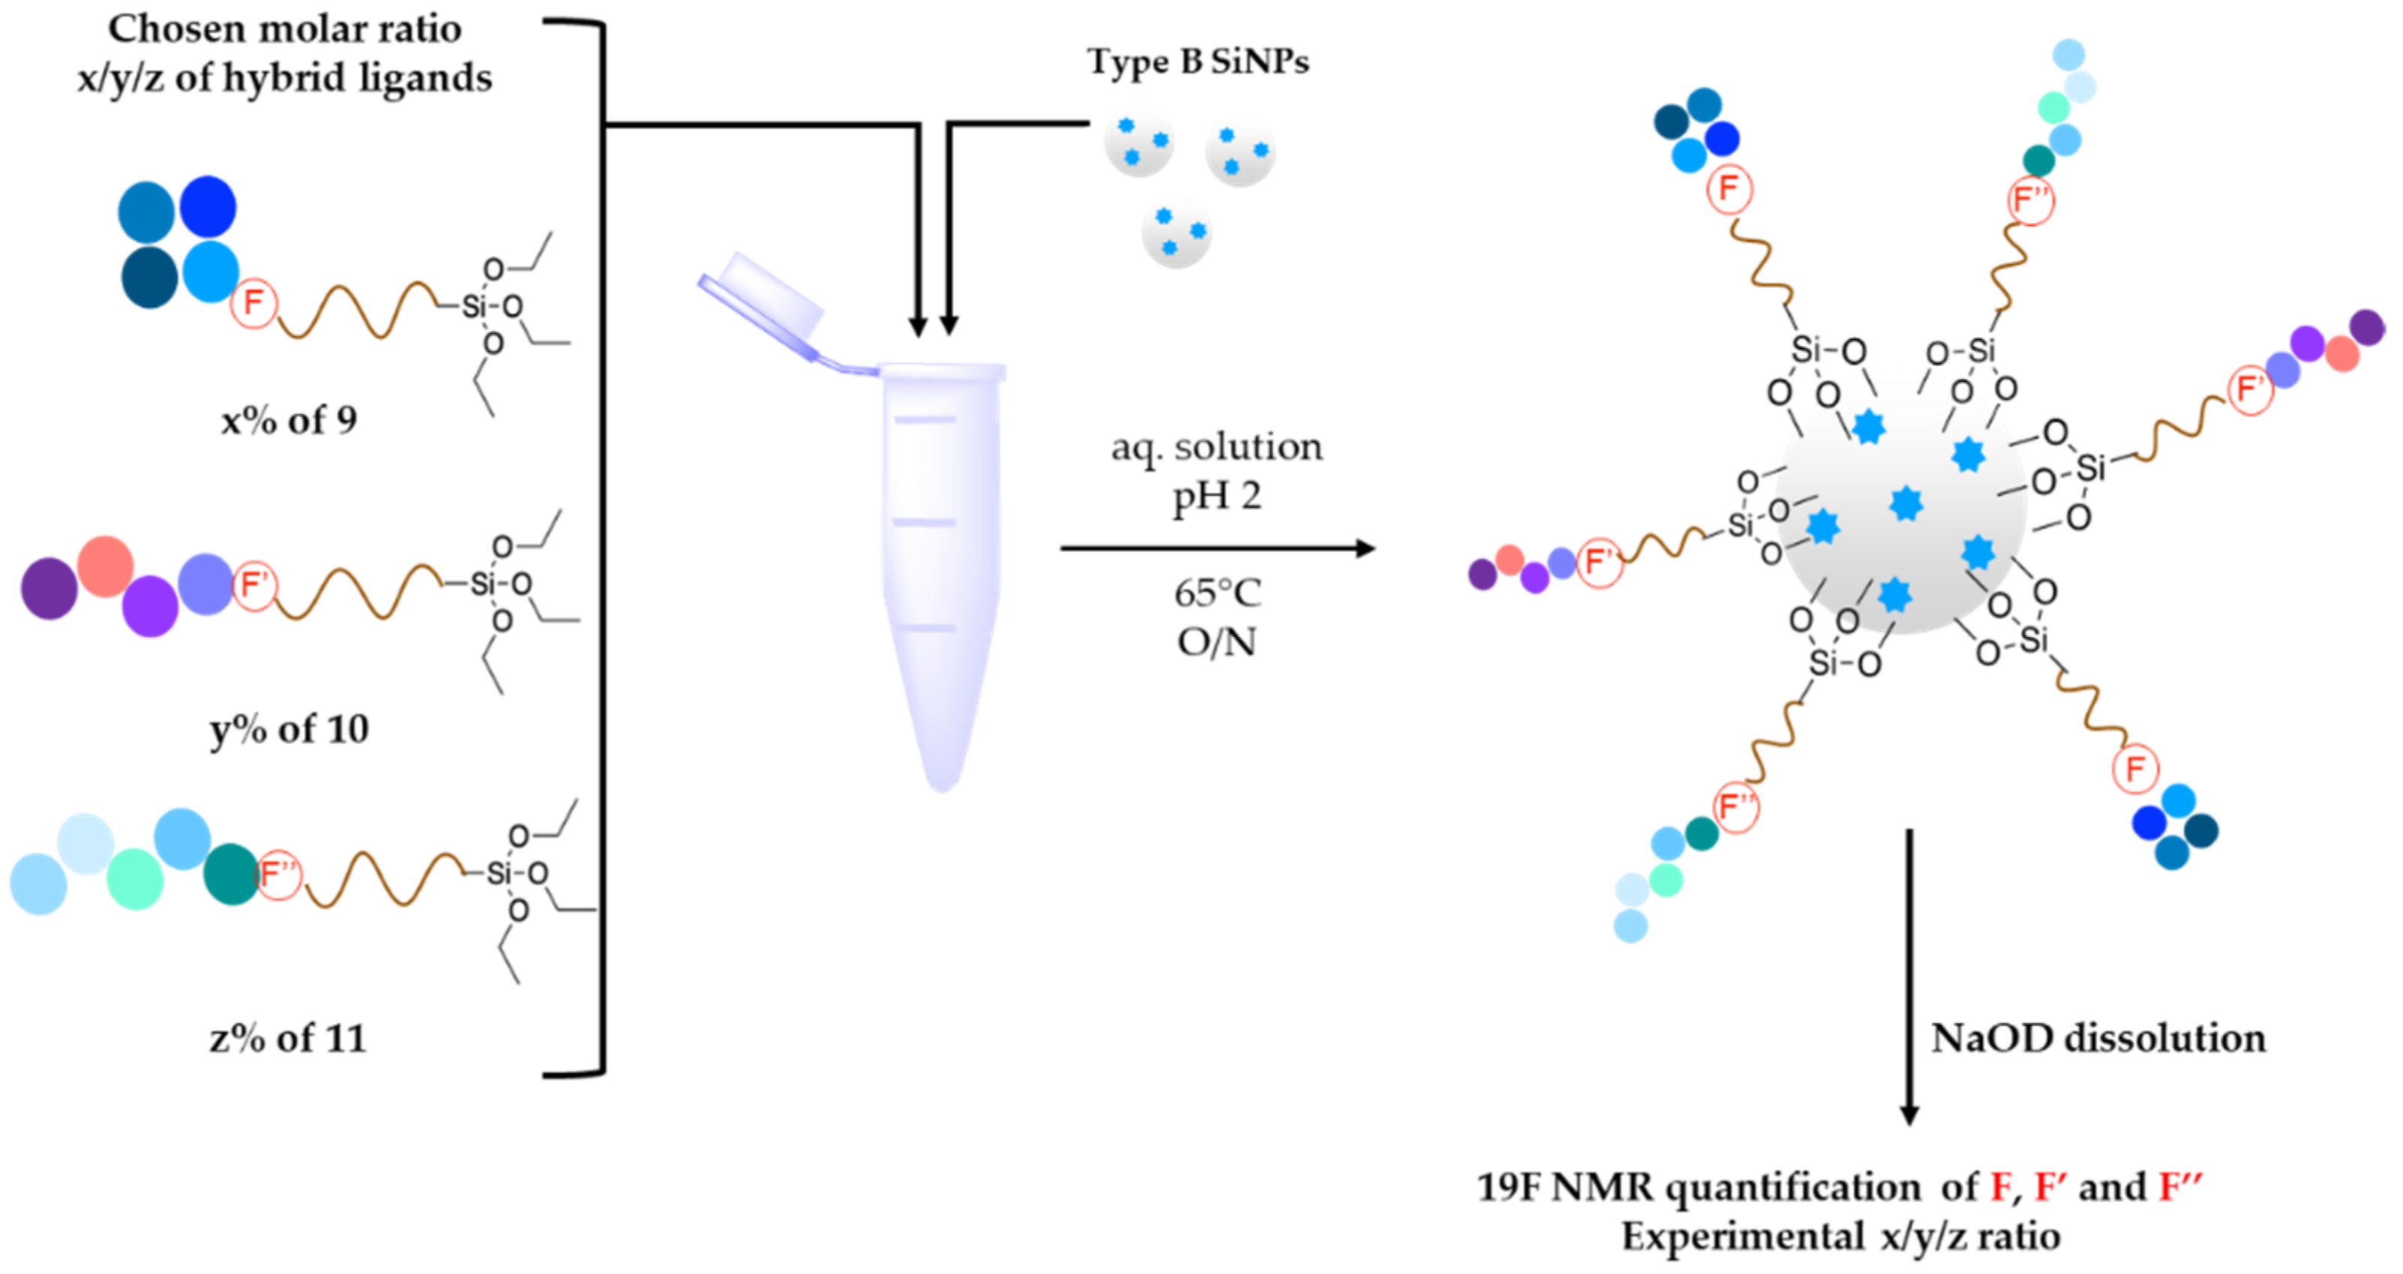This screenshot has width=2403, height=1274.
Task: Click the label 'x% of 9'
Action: click(288, 422)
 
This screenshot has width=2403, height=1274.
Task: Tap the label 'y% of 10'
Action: click(289, 729)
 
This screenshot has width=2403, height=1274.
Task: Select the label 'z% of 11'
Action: click(288, 1038)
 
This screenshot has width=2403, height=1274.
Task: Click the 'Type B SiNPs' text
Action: click(1198, 62)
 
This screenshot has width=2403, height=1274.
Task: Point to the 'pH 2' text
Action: click(1217, 495)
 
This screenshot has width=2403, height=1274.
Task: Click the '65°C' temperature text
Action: click(1217, 593)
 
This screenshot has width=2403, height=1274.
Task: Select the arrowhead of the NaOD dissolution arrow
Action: click(1909, 1114)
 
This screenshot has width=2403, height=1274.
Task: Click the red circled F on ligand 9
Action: click(254, 303)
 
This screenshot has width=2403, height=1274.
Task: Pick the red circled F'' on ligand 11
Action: click(278, 875)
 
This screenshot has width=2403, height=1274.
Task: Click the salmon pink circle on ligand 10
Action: click(104, 565)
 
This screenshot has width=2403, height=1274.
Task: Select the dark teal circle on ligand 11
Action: click(230, 874)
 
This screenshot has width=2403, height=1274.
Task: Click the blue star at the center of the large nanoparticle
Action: click(1905, 503)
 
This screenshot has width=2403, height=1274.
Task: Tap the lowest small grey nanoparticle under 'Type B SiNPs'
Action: click(1176, 233)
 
